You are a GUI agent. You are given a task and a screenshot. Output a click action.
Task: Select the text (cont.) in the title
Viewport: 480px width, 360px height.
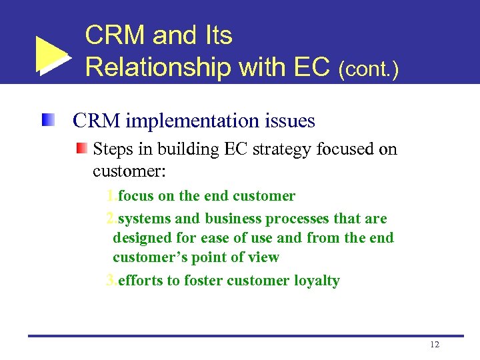(x=368, y=69)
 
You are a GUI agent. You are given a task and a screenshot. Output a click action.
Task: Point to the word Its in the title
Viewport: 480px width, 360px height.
(x=215, y=35)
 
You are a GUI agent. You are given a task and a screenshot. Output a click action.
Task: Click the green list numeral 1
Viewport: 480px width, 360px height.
(x=111, y=196)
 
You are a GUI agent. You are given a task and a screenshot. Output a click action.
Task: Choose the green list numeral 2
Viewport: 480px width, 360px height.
(x=111, y=219)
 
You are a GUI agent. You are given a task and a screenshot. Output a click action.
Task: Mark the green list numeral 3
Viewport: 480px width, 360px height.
(x=111, y=281)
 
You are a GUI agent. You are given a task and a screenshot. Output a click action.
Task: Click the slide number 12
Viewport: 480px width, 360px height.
(x=435, y=345)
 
